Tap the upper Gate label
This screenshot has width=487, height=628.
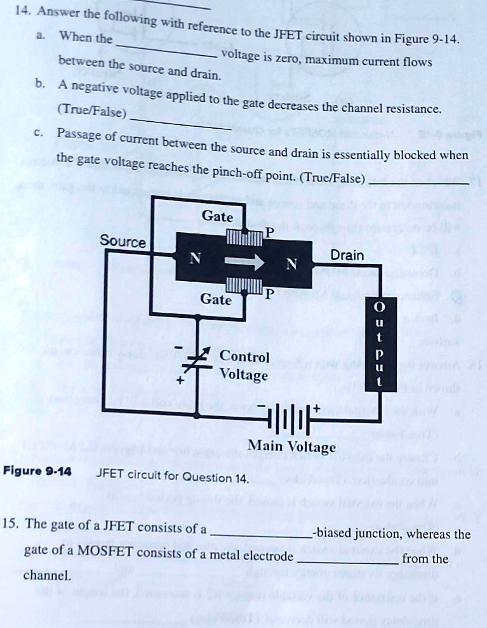coord(217,217)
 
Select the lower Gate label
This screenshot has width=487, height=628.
coord(216,299)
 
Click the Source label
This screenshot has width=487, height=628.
coord(123,242)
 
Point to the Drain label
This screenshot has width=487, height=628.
coord(347,256)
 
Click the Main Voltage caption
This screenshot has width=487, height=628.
coord(291,447)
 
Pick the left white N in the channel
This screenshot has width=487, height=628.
coord(196,259)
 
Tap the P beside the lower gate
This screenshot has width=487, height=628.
coord(269,294)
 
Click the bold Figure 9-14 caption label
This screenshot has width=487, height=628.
coord(37,471)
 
